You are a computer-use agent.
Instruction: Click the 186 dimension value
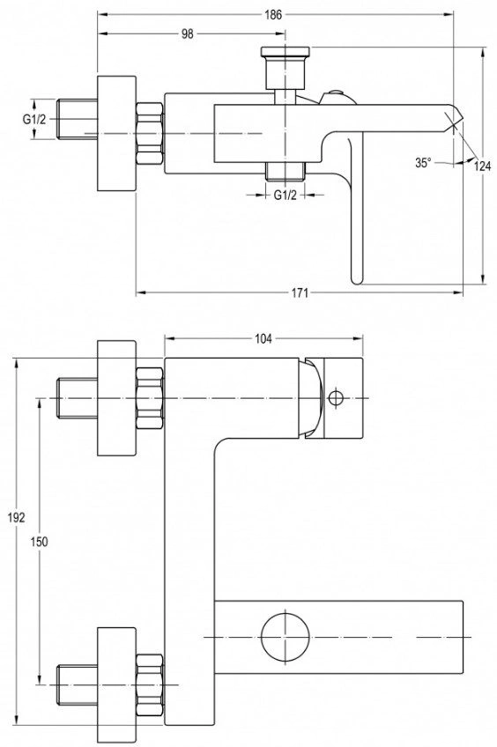tap(273, 15)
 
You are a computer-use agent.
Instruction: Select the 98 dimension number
tap(188, 33)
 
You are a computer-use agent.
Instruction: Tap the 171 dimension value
tap(300, 293)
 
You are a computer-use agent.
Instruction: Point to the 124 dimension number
tap(482, 166)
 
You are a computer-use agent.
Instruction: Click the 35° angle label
tap(423, 162)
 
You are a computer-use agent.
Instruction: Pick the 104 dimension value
tap(263, 339)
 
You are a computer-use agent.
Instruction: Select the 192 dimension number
tap(16, 517)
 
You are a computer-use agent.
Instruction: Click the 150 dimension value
tap(39, 541)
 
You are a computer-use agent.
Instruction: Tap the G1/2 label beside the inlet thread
tap(34, 119)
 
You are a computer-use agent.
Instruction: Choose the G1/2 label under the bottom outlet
tap(285, 195)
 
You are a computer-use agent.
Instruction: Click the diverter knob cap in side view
tap(286, 51)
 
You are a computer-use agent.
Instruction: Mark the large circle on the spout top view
tap(285, 637)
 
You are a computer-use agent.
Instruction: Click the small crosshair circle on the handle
tap(336, 397)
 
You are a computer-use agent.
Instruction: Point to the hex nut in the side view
tap(150, 134)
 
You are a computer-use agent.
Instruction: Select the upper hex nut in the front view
tap(150, 398)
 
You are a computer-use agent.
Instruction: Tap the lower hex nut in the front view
tap(150, 685)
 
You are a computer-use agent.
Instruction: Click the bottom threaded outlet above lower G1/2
tap(285, 171)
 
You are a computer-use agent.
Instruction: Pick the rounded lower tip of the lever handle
tap(356, 279)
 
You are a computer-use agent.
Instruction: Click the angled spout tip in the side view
tap(454, 118)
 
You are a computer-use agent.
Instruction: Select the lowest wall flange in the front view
tap(116, 685)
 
